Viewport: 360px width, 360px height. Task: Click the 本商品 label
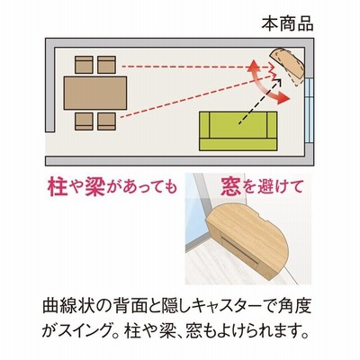(287, 24)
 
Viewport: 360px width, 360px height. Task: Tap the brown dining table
(95, 93)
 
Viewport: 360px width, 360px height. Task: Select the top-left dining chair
(84, 65)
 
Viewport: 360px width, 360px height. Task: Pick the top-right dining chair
(106, 65)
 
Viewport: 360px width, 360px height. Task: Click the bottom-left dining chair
(84, 121)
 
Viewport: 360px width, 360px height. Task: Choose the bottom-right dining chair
(106, 121)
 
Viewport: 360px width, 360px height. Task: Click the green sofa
(238, 130)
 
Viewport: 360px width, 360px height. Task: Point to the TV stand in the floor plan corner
(288, 66)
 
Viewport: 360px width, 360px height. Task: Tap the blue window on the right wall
(309, 110)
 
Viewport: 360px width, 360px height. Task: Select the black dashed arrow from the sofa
(260, 101)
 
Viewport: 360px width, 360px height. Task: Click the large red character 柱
(58, 187)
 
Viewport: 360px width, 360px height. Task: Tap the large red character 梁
(94, 187)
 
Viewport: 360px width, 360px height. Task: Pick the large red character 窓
(231, 186)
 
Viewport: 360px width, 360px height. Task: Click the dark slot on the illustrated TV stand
(239, 249)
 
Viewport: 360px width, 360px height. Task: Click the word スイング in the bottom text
(85, 331)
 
